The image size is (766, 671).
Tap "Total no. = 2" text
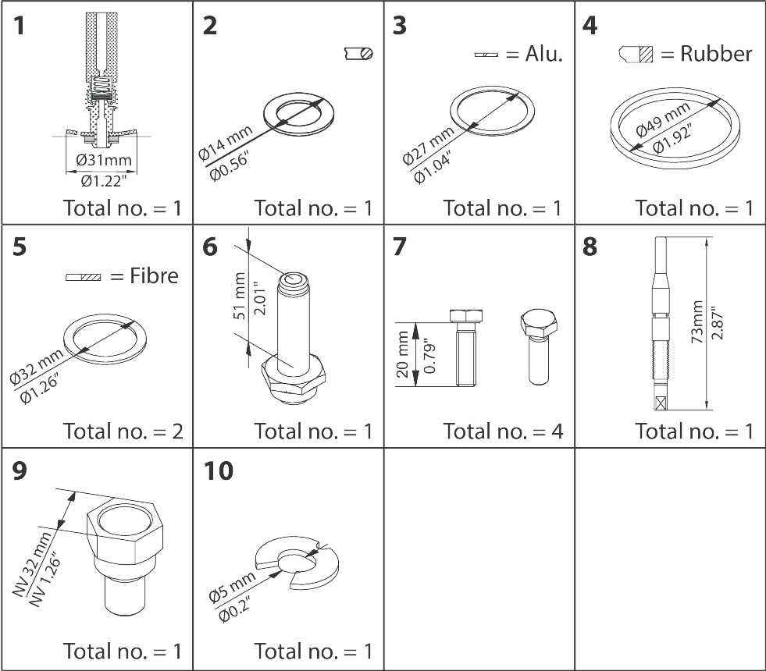(x=123, y=431)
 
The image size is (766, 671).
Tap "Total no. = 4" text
(x=503, y=431)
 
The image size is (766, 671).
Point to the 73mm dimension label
(x=698, y=323)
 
